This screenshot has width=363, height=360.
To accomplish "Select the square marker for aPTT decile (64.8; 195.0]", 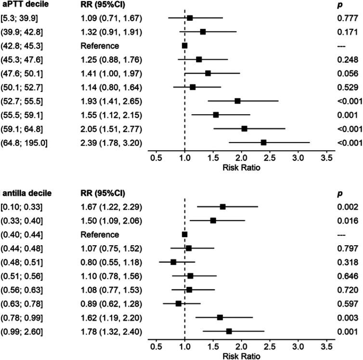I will [x=263, y=129].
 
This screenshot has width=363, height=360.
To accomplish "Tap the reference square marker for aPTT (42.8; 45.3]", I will [x=184, y=46].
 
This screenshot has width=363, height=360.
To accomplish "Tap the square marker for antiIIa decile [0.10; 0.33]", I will [x=222, y=207].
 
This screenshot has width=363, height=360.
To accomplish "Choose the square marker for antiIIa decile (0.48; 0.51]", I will [x=173, y=262].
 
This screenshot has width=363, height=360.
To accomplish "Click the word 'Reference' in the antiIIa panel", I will [x=100, y=235].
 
